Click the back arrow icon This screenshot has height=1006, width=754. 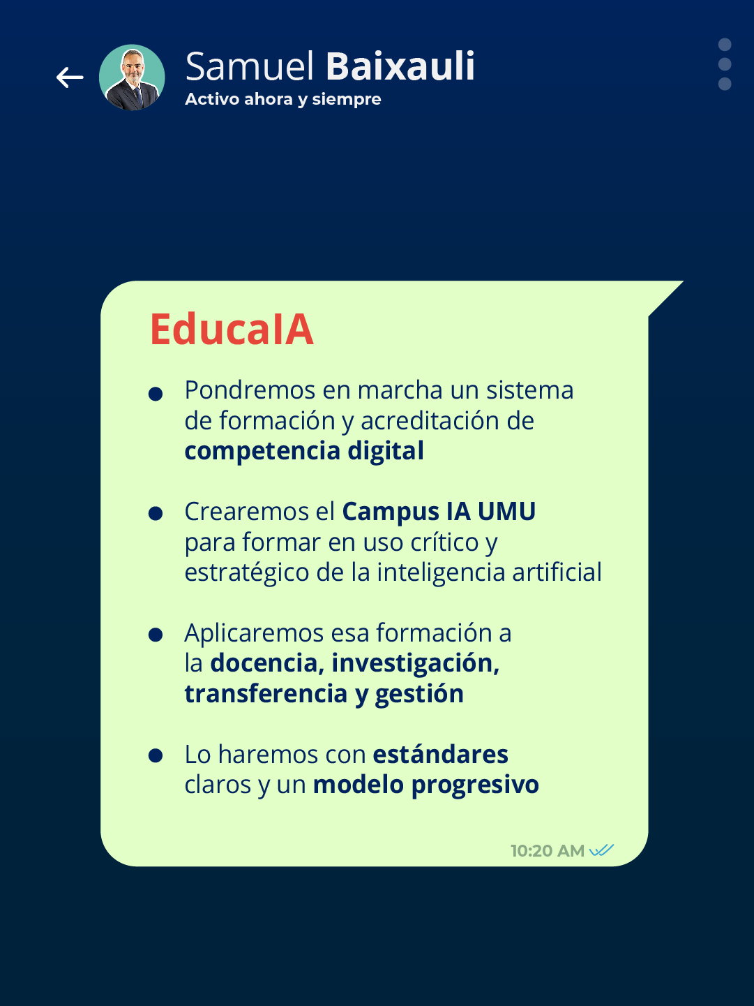click(70, 77)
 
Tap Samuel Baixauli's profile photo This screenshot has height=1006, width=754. click(132, 77)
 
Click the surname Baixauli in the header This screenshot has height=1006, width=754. click(400, 67)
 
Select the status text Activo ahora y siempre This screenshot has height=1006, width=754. click(282, 99)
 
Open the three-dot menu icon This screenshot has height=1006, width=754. click(725, 64)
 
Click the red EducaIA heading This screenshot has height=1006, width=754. click(232, 330)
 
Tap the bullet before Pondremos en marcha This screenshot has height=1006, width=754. click(156, 394)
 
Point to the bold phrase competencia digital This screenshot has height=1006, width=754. click(304, 451)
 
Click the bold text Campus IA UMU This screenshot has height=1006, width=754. click(439, 512)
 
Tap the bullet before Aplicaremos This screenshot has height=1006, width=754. click(156, 635)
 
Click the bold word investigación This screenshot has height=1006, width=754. click(415, 663)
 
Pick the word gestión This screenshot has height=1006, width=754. click(419, 694)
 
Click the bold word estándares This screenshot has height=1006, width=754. click(440, 755)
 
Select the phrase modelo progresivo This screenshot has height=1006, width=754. click(425, 785)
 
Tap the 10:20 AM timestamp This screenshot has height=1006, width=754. click(547, 851)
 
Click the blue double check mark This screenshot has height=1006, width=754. click(601, 850)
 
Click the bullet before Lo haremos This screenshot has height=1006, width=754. click(156, 756)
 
